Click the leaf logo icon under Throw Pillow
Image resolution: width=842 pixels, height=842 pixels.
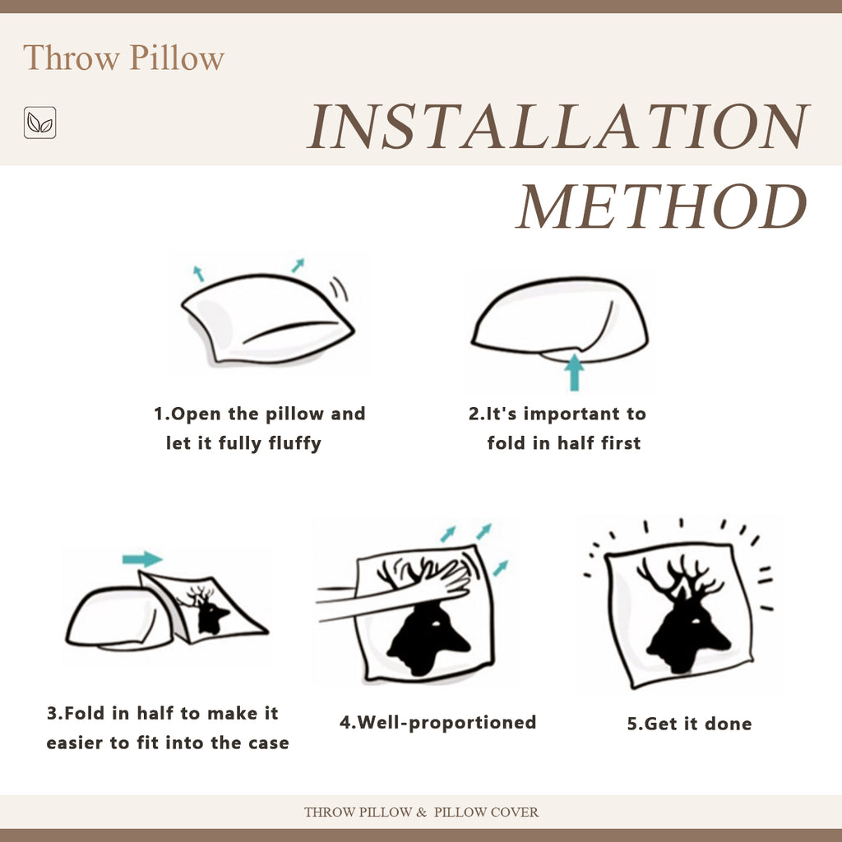point(39,123)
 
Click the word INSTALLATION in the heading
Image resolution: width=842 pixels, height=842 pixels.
point(558,127)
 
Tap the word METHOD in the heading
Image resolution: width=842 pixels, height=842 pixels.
point(662,206)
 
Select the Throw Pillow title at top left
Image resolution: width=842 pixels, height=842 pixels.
point(123,58)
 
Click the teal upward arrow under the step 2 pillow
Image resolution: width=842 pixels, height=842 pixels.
point(574,372)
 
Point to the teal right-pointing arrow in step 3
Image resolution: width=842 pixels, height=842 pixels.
point(142,559)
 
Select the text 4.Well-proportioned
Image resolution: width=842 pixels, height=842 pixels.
point(437,723)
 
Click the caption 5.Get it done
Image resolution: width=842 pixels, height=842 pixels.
point(689,724)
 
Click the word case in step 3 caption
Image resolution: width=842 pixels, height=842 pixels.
point(269,743)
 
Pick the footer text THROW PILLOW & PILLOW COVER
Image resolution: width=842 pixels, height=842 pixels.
point(421,812)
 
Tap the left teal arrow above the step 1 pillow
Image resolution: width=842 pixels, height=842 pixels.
point(198,274)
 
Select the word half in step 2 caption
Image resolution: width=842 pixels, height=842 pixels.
point(576,443)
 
